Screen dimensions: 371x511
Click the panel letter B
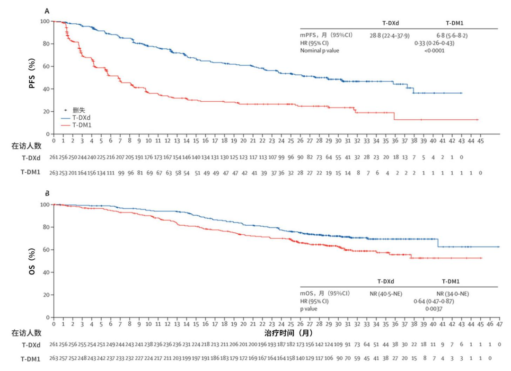pyautogui.click(x=47, y=193)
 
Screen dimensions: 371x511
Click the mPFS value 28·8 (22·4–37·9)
pyautogui.click(x=389, y=35)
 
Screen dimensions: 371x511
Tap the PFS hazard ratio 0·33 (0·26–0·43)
pyautogui.click(x=434, y=43)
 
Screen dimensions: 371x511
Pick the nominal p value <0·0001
pyautogui.click(x=434, y=51)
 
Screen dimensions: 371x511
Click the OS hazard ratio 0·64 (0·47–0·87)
pyautogui.click(x=434, y=301)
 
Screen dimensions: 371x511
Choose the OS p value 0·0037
pyautogui.click(x=434, y=309)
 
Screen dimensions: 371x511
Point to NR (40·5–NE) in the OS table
pyautogui.click(x=386, y=293)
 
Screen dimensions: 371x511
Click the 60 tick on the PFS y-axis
pyautogui.click(x=45, y=66)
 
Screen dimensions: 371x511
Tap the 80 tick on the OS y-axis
pyautogui.click(x=45, y=227)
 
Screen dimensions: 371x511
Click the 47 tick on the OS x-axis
pyautogui.click(x=500, y=324)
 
